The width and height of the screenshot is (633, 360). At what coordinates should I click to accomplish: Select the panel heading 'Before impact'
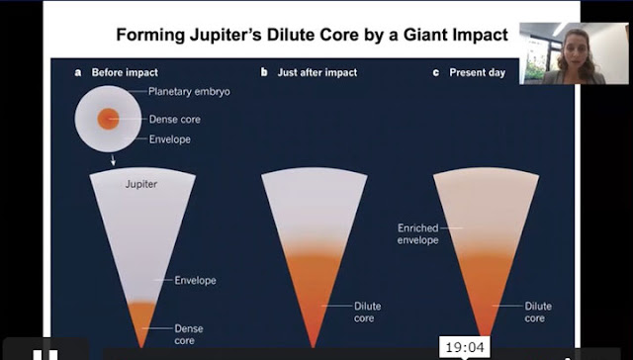tap(125, 72)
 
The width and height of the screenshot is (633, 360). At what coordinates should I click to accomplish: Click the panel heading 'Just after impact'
tap(317, 72)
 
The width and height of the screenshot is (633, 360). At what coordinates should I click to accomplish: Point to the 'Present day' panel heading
tap(477, 72)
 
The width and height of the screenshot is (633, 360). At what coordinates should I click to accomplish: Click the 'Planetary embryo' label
tap(189, 92)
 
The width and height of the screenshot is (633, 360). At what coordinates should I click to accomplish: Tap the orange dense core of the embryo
tap(108, 119)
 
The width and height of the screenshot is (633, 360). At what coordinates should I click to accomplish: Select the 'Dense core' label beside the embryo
tap(175, 120)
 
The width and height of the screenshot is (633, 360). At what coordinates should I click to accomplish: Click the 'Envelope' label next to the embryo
tap(169, 139)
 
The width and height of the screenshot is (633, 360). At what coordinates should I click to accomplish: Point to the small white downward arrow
tap(113, 160)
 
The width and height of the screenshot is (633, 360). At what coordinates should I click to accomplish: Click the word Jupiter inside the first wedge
tap(141, 184)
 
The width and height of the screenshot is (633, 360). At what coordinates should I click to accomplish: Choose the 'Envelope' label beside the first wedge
tap(195, 281)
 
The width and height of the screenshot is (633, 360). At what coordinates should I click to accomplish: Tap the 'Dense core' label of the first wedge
tap(189, 334)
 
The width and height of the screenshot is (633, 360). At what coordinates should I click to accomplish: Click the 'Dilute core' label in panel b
tap(367, 312)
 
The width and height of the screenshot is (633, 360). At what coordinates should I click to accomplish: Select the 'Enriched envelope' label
tap(417, 234)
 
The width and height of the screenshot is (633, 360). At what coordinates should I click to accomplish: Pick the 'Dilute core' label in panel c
tap(538, 312)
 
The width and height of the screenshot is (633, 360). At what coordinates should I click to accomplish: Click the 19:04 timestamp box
tap(464, 347)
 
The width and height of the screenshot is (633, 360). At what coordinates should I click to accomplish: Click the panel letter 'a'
tap(78, 73)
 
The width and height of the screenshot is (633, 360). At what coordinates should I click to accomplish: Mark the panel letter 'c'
tap(436, 73)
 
